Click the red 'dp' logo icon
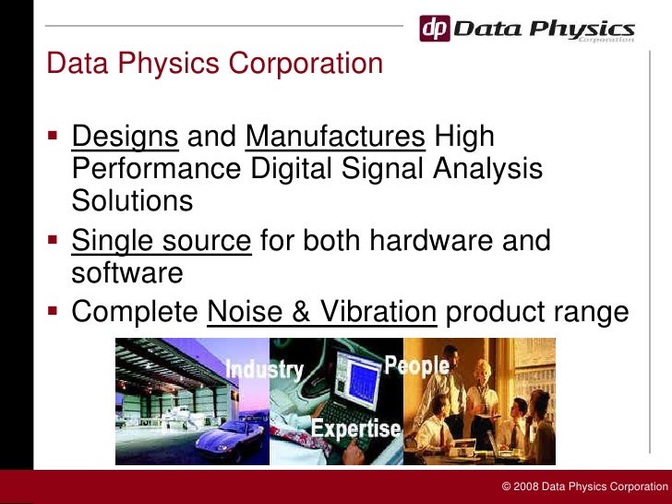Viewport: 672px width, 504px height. (x=436, y=29)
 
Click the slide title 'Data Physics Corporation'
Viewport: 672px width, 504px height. (x=214, y=64)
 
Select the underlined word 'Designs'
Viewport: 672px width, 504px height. (x=125, y=137)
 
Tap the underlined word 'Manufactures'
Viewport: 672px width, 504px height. (x=335, y=137)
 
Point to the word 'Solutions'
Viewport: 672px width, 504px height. (x=132, y=200)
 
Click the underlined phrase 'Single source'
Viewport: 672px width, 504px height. (x=162, y=241)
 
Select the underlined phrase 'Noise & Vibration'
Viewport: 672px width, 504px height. (x=322, y=312)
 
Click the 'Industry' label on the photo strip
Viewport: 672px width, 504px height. (x=265, y=369)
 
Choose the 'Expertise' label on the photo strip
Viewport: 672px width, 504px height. (x=355, y=428)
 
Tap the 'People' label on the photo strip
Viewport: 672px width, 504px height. (x=417, y=366)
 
